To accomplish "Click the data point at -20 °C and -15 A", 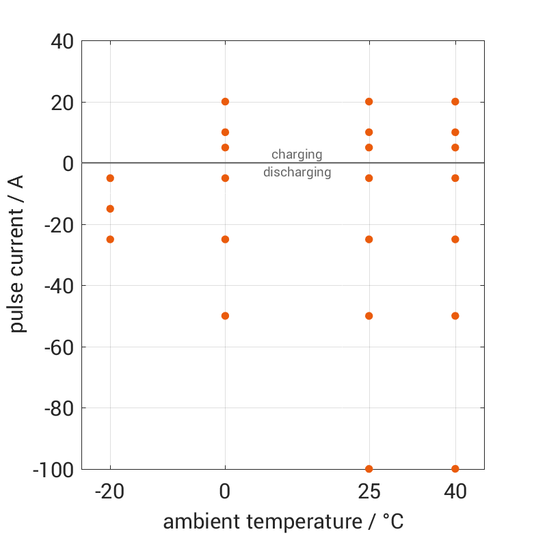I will coord(110,209).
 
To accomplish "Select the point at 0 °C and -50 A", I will coord(225,316).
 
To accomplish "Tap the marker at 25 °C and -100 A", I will coord(369,469).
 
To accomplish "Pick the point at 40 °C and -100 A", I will coord(455,469).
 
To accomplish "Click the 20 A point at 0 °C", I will coord(225,102).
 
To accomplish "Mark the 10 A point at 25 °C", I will coord(369,132).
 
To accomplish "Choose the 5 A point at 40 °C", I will coord(455,148).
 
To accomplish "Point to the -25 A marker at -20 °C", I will coord(110,239).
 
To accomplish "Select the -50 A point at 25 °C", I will coord(369,316).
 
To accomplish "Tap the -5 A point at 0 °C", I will coord(225,178).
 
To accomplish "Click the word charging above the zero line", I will coord(297,155).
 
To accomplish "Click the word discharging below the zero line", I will coord(297,172).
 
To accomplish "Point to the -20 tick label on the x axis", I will coord(109,492).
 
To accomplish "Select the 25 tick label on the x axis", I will coord(369,492).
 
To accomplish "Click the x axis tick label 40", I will coord(455,492).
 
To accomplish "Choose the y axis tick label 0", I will coord(68,163).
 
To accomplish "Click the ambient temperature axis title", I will coord(283,522).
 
